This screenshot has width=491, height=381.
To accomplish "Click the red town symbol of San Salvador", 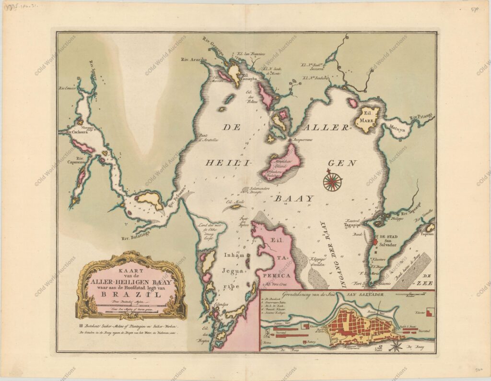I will (376, 238).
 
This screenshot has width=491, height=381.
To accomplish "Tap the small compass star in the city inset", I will (396, 345).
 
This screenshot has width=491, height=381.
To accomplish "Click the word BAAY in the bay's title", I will (293, 198).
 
